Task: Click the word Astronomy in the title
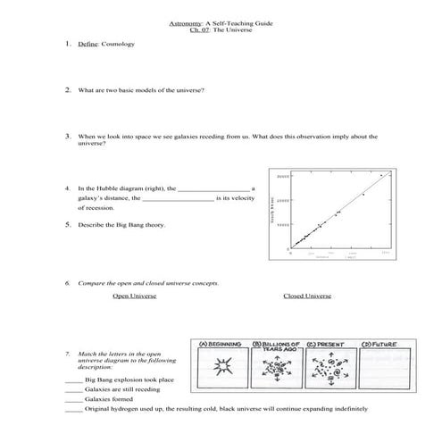pyautogui.click(x=184, y=22)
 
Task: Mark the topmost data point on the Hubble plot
pyautogui.click(x=381, y=176)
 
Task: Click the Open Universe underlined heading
pyautogui.click(x=135, y=296)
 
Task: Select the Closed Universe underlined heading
pyautogui.click(x=307, y=296)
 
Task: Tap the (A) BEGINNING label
pyautogui.click(x=220, y=343)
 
